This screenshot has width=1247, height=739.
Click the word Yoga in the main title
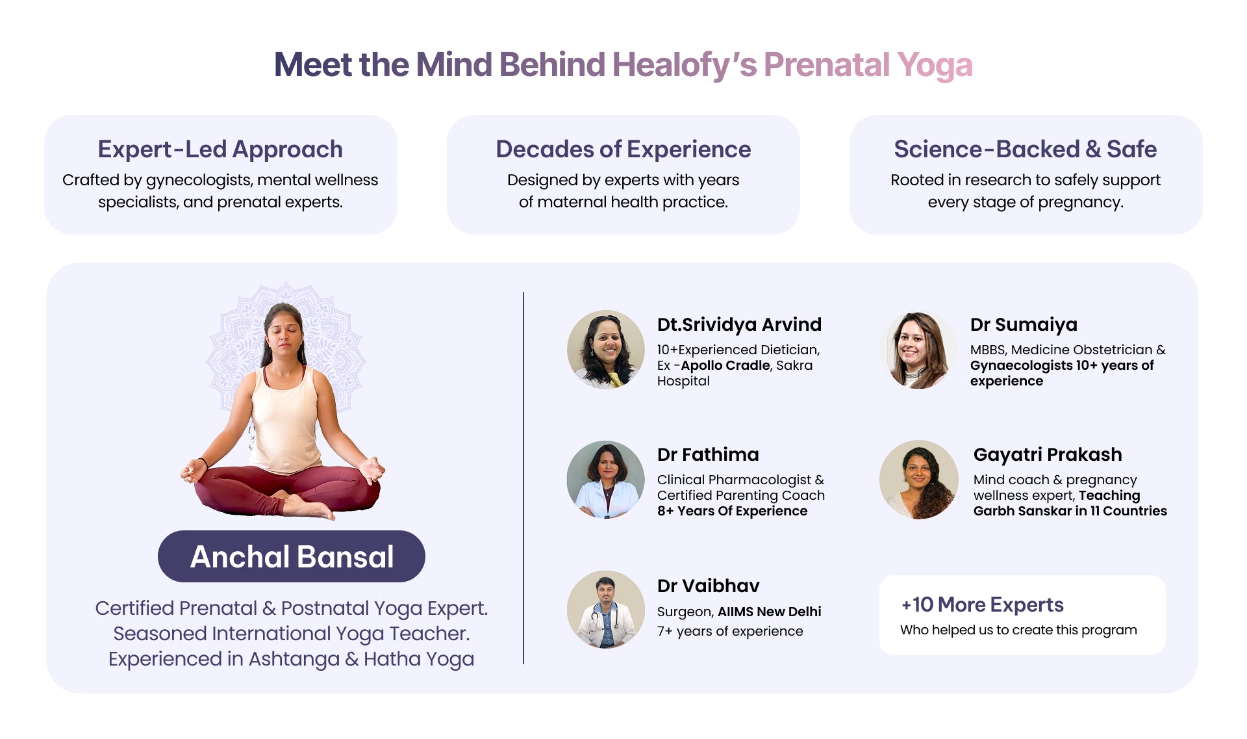click(935, 66)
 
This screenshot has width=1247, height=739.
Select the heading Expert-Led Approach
click(220, 149)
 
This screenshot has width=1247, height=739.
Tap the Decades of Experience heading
click(623, 149)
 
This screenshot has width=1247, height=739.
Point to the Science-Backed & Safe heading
click(1026, 149)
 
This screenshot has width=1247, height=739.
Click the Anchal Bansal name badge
click(292, 556)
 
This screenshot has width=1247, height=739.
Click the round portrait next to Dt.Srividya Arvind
click(606, 349)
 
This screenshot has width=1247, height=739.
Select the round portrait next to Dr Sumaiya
click(918, 350)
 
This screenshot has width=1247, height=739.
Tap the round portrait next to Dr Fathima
click(606, 480)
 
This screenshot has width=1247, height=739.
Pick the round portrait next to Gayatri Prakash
click(918, 480)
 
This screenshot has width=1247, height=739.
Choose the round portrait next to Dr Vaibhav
click(606, 610)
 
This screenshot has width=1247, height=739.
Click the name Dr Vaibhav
click(708, 586)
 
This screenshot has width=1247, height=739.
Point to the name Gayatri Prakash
click(1048, 454)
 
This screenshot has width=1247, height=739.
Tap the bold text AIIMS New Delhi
click(770, 612)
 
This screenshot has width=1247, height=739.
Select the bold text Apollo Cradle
click(725, 365)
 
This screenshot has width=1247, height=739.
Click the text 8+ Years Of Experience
click(732, 511)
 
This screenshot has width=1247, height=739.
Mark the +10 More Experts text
click(982, 604)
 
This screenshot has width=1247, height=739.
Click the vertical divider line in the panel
click(523, 478)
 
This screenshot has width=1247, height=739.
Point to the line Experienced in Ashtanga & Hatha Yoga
click(291, 659)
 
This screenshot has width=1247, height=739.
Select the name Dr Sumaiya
click(1024, 324)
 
